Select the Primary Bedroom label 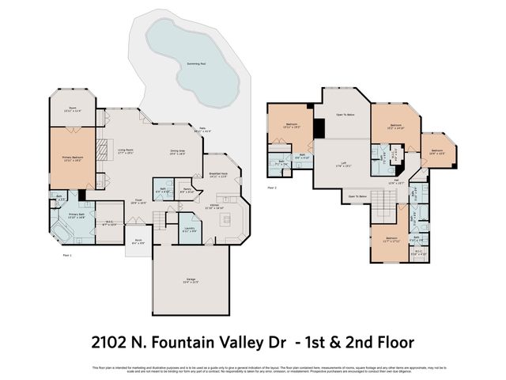(x=72, y=158)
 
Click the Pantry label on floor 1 (x=187, y=191)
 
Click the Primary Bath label (x=77, y=215)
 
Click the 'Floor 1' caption (x=66, y=256)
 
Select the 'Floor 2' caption (x=271, y=188)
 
